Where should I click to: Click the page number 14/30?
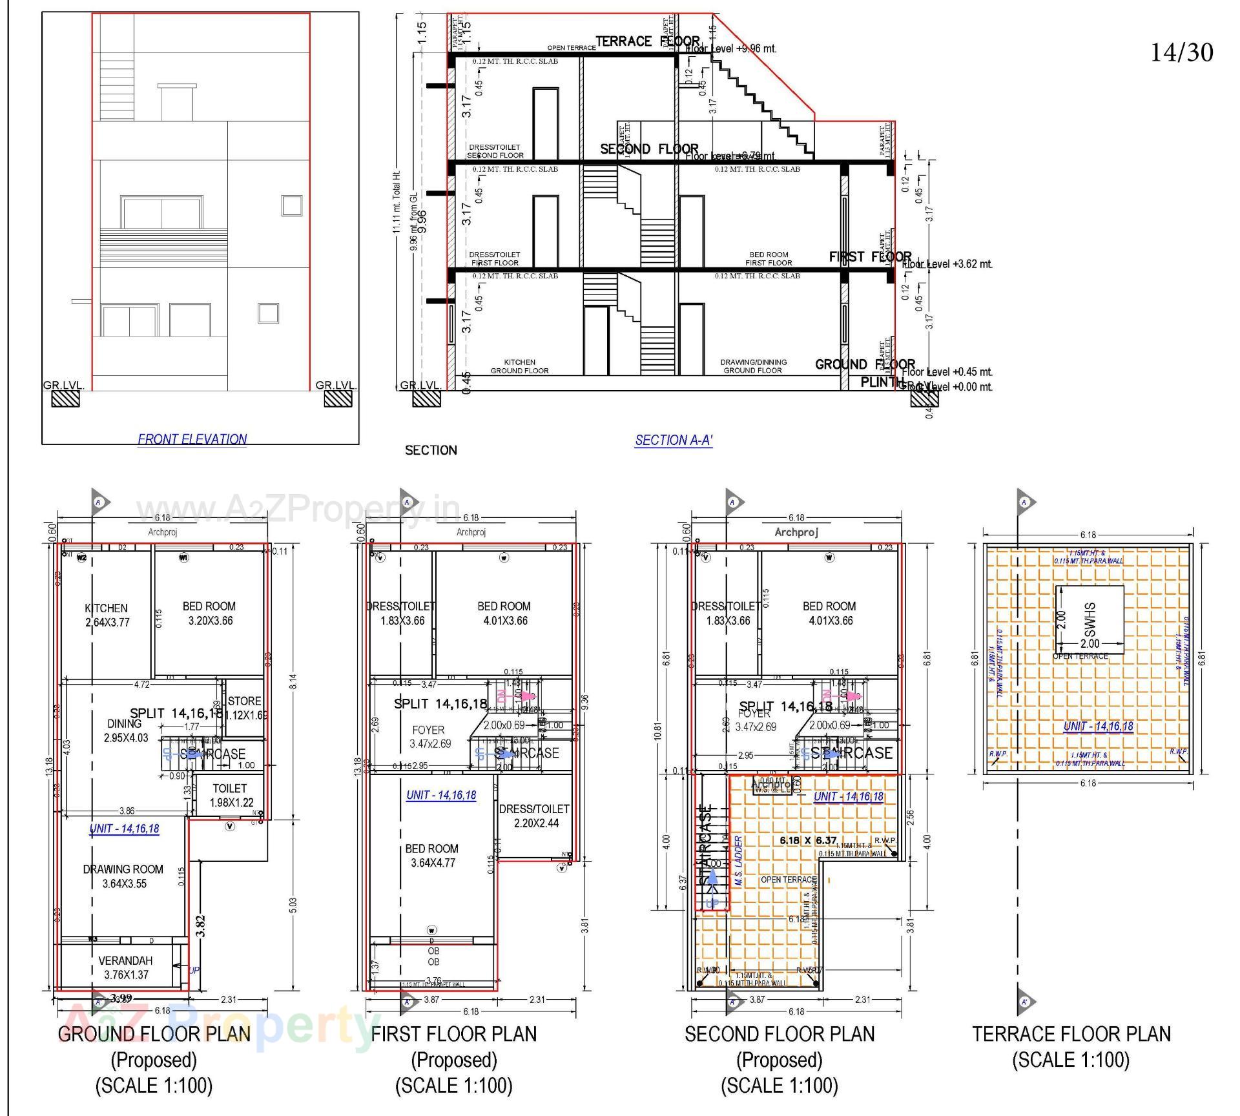point(1181,52)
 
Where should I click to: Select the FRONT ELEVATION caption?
point(192,439)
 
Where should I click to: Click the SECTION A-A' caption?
point(674,440)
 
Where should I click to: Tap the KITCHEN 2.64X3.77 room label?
point(106,615)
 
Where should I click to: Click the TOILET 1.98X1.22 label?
point(230,795)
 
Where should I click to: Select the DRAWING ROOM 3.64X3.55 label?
point(123,876)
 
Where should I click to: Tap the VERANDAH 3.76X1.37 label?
point(125,967)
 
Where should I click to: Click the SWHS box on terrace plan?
point(1090,619)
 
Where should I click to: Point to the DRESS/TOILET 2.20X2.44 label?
point(534,816)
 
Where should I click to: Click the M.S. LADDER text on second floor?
point(738,861)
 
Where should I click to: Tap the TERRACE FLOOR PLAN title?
point(1071,1034)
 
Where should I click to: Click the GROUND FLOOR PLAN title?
point(154,1034)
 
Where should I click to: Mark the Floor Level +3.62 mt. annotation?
point(947,264)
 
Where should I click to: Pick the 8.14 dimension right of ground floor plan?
point(293,681)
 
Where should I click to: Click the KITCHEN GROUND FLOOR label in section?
point(519,366)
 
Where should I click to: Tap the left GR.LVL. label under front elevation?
point(63,386)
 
